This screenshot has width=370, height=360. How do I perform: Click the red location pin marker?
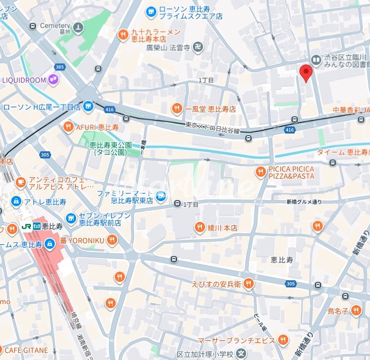[305, 72]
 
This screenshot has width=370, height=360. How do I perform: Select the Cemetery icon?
[78, 28]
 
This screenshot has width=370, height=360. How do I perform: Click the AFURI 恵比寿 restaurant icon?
[68, 126]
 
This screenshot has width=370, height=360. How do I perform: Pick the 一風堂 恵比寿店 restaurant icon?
[177, 108]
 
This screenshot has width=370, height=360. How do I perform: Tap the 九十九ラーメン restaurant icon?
[123, 35]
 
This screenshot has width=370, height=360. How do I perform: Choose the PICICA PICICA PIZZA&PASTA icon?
[261, 172]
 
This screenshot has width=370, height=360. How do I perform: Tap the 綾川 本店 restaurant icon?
[199, 227]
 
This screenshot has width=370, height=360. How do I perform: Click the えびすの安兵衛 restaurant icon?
[248, 284]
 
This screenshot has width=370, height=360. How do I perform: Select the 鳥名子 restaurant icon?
[356, 310]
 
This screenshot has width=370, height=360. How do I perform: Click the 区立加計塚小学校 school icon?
[242, 354]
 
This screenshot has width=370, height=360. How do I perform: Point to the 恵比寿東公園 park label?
[111, 148]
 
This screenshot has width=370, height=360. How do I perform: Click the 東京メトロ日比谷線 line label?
[212, 128]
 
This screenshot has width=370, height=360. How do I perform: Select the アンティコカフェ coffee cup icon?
[20, 181]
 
